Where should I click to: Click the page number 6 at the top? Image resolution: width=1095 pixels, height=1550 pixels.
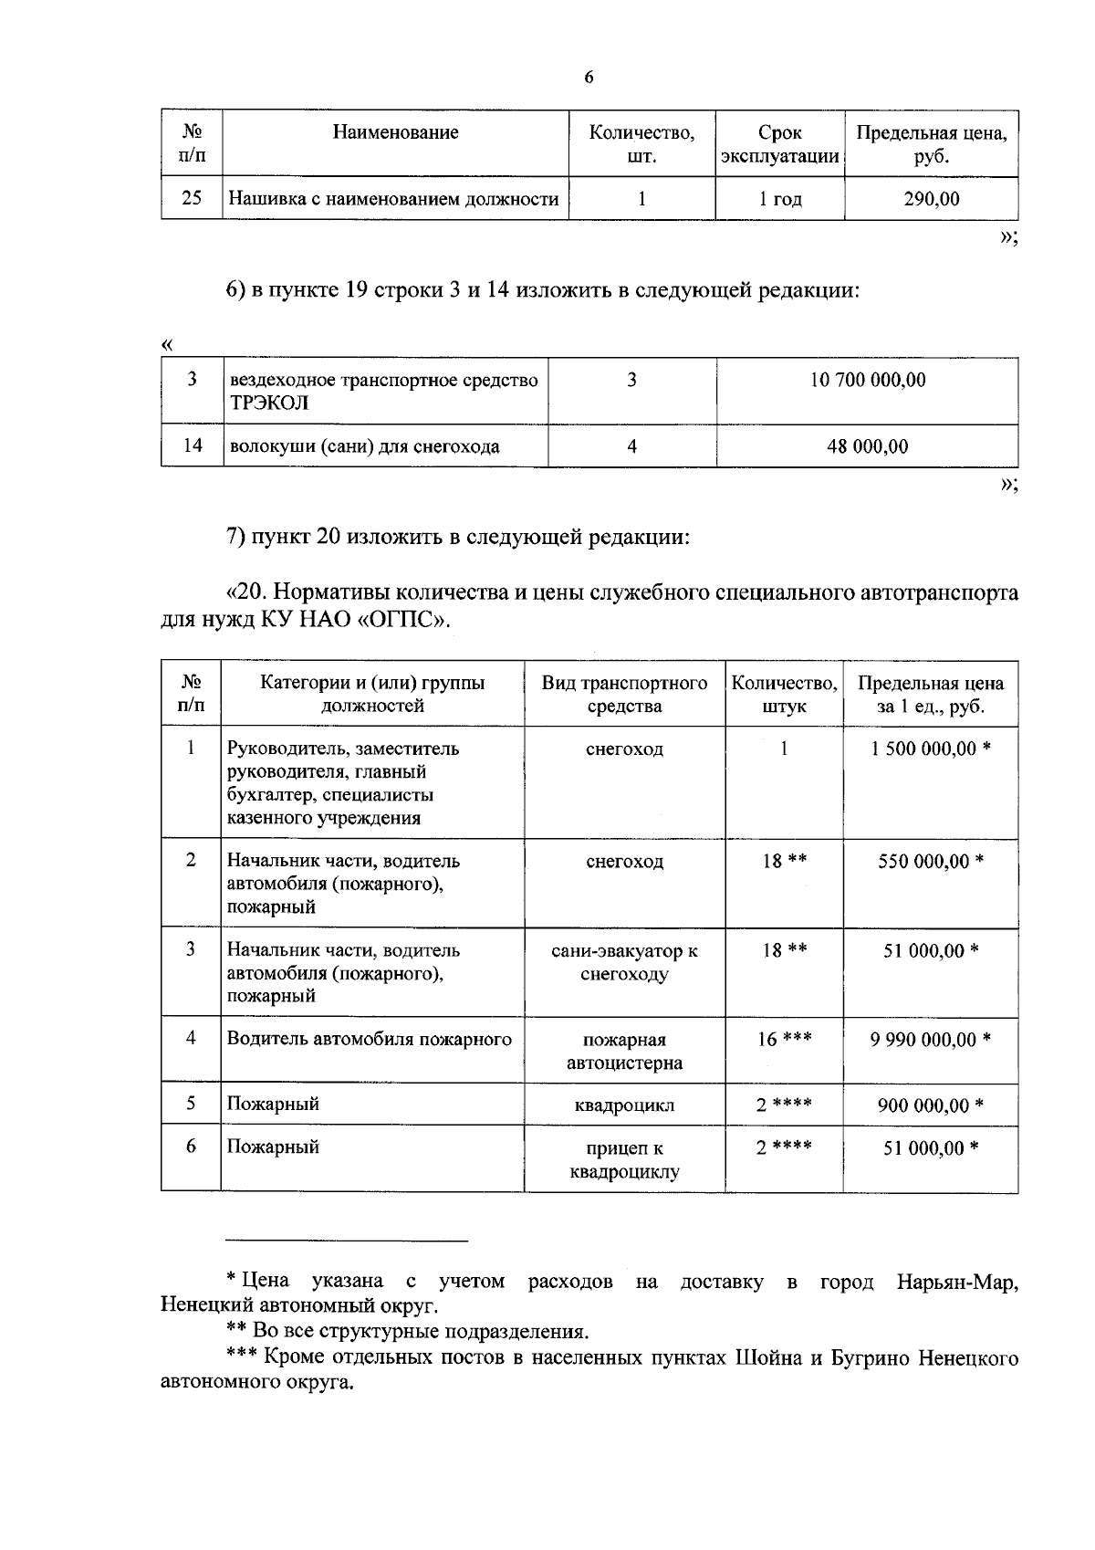click(589, 78)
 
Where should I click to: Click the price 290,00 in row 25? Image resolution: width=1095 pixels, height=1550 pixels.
click(931, 198)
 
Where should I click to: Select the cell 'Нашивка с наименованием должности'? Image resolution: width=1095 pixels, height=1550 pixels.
click(393, 198)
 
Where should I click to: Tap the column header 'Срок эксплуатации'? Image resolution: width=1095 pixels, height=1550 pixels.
click(779, 144)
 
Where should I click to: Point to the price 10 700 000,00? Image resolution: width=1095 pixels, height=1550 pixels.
click(867, 380)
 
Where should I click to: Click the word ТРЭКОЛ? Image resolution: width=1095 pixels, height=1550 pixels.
click(269, 403)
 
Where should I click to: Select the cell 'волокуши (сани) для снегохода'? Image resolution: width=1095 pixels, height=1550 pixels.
click(364, 446)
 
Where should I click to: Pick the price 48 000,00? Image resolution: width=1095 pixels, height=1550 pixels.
click(867, 446)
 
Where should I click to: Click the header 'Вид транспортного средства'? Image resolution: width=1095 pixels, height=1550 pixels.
click(624, 695)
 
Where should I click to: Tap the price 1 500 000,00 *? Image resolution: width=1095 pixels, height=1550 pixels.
click(930, 749)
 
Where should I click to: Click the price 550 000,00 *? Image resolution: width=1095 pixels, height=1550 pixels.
click(930, 861)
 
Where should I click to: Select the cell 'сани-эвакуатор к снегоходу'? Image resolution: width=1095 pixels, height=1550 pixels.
click(624, 962)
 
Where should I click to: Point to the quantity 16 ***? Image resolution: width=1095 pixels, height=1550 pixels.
click(784, 1039)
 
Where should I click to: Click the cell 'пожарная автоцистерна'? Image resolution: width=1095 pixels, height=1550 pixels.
click(624, 1051)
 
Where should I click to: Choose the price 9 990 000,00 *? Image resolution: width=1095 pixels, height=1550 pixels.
click(930, 1039)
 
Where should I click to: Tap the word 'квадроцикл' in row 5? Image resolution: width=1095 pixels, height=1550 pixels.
click(624, 1105)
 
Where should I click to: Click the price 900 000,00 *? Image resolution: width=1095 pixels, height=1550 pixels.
click(930, 1105)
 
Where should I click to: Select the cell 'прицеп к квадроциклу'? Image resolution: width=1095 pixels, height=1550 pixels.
click(624, 1159)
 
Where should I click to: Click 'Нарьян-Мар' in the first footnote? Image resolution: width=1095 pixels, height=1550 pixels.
click(956, 1282)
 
